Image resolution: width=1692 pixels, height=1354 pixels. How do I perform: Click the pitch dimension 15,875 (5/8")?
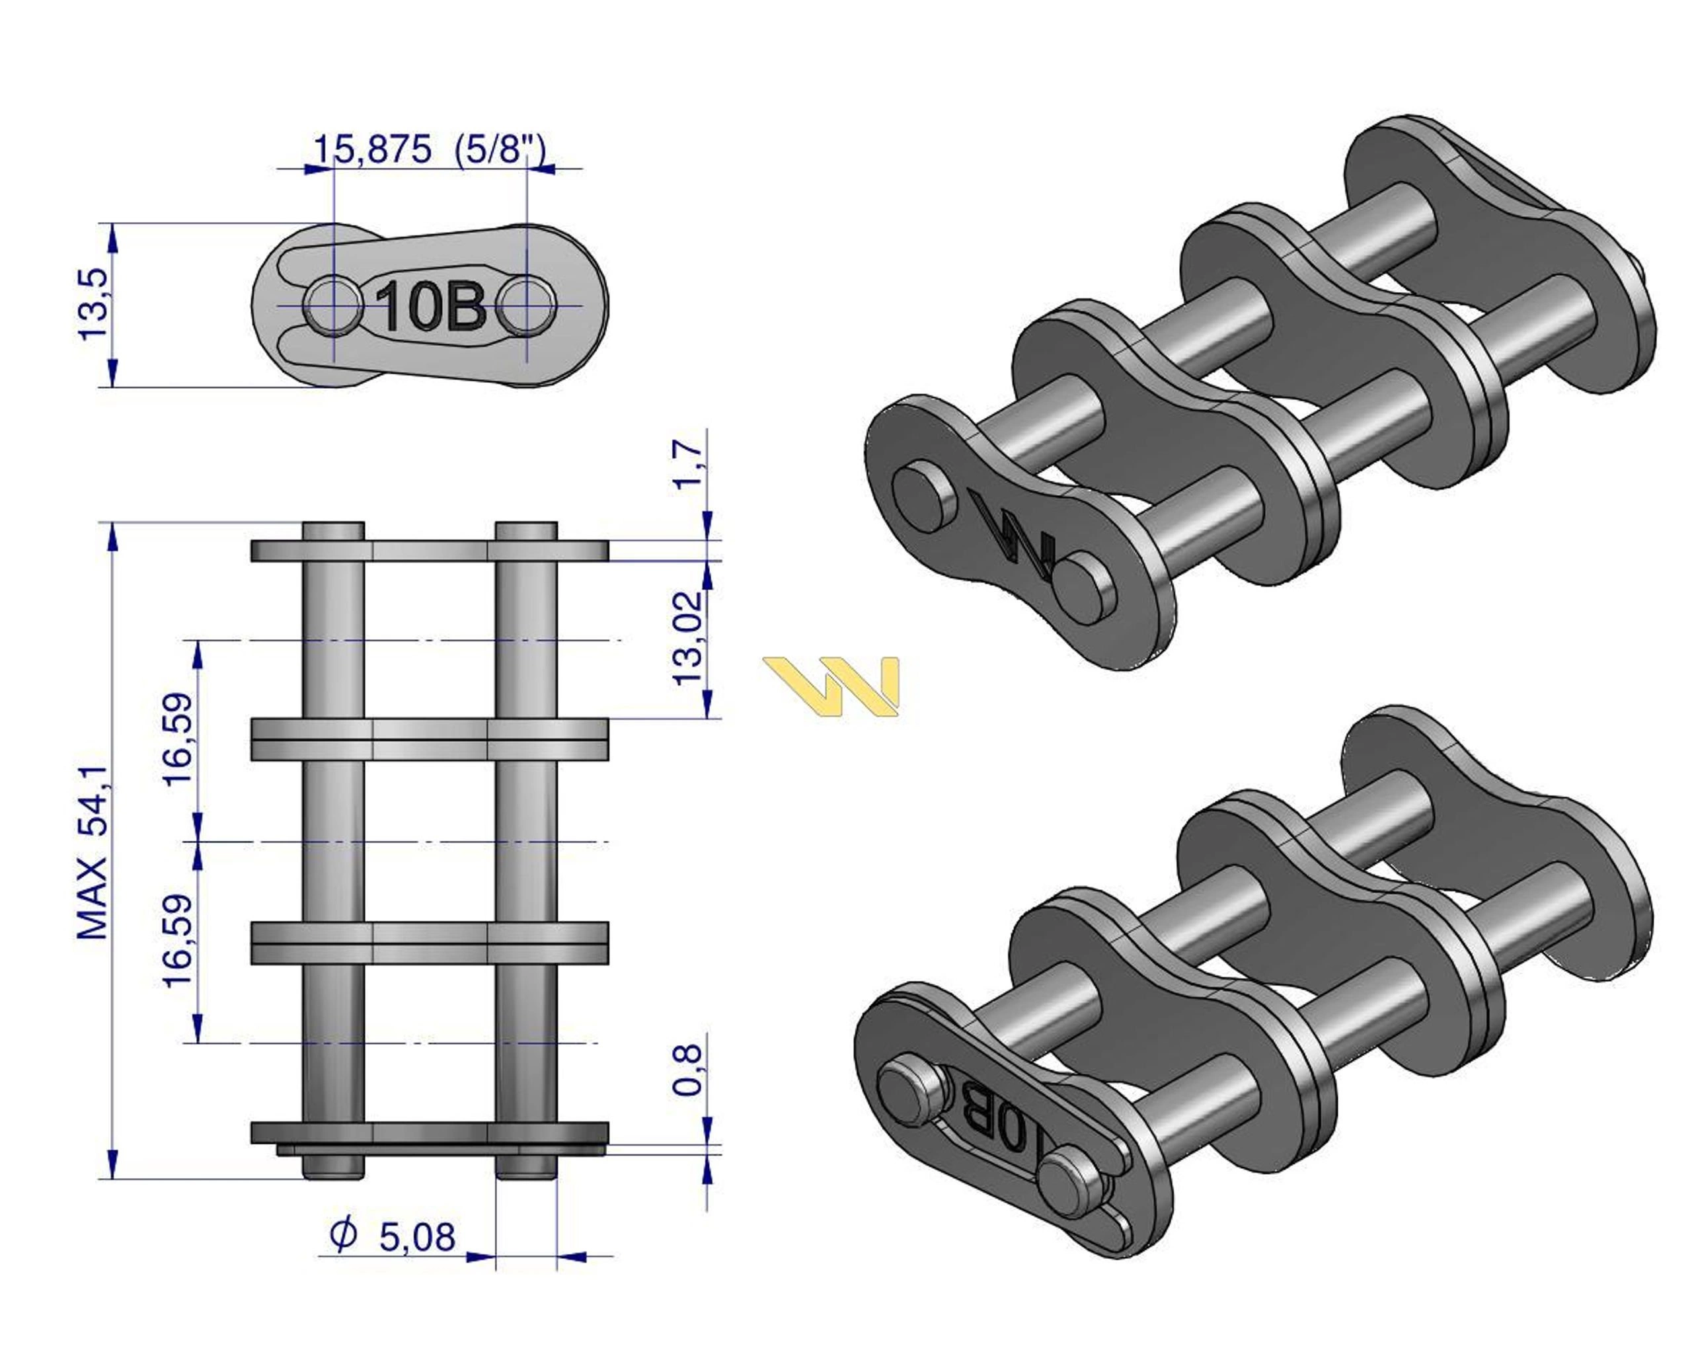[428, 149]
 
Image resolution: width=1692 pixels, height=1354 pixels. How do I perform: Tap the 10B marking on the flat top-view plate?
[430, 305]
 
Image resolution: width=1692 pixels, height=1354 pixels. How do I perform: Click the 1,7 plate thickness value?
[688, 465]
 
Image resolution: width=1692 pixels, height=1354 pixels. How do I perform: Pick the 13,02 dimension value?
[688, 638]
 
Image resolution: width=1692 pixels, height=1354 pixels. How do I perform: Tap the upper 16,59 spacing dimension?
[178, 738]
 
